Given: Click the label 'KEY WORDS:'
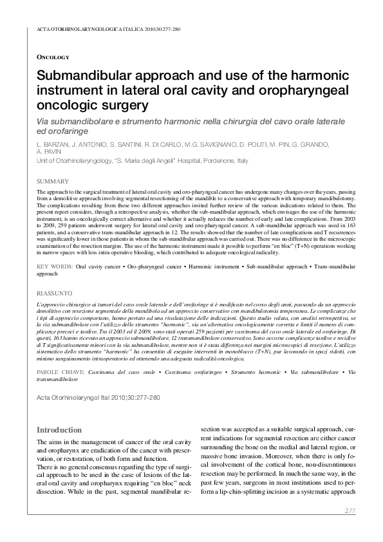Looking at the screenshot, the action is [55, 265].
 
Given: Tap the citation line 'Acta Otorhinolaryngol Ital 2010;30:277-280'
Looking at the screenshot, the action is [98, 398].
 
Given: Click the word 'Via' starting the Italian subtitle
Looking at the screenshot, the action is [44, 120].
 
